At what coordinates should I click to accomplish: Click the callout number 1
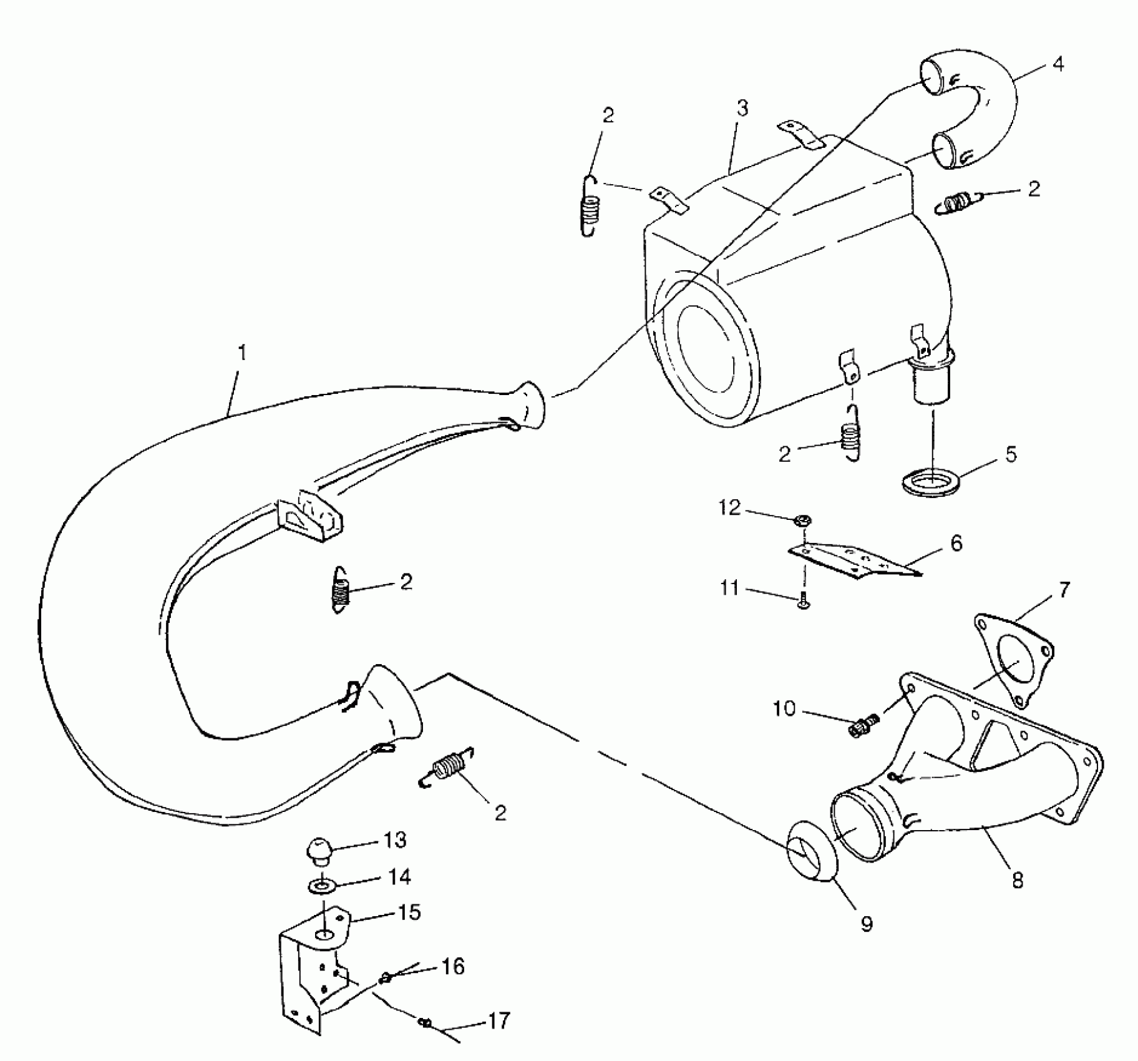tap(242, 353)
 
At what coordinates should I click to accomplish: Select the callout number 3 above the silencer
tap(742, 109)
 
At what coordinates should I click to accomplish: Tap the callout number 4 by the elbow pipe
tap(1058, 65)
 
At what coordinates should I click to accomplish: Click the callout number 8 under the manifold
tap(1018, 881)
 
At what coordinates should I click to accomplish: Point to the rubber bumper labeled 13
tap(322, 850)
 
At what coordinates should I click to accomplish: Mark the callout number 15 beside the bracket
tap(409, 912)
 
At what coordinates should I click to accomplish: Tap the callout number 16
tap(454, 967)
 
